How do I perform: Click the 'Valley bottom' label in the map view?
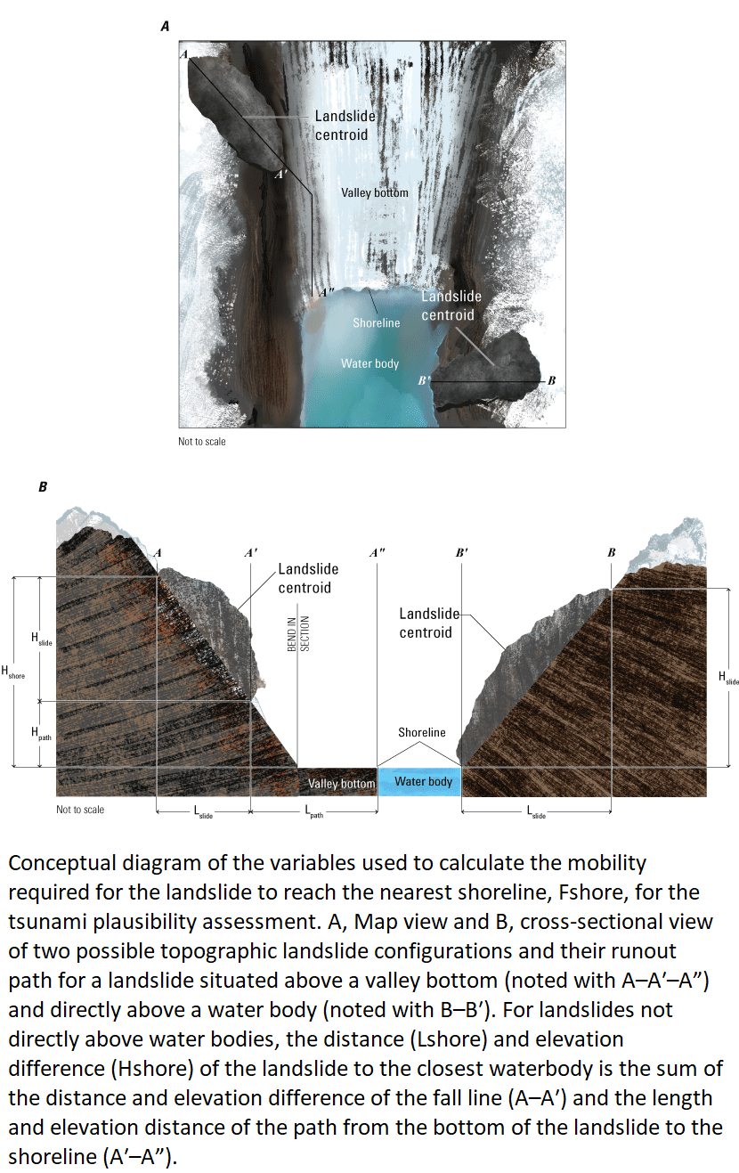pos(374,192)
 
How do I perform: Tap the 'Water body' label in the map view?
pos(369,363)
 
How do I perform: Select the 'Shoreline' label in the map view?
pos(376,322)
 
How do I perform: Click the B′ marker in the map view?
pos(425,380)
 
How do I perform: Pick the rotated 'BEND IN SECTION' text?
pos(297,635)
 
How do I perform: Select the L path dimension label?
pos(313,812)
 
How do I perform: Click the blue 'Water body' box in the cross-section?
pos(423,781)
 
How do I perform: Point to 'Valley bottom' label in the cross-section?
pos(341,784)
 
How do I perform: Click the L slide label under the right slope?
pos(536,812)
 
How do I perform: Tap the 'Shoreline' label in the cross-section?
pos(422,732)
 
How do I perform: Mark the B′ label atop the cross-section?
pos(461,552)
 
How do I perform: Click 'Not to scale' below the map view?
pos(202,442)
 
